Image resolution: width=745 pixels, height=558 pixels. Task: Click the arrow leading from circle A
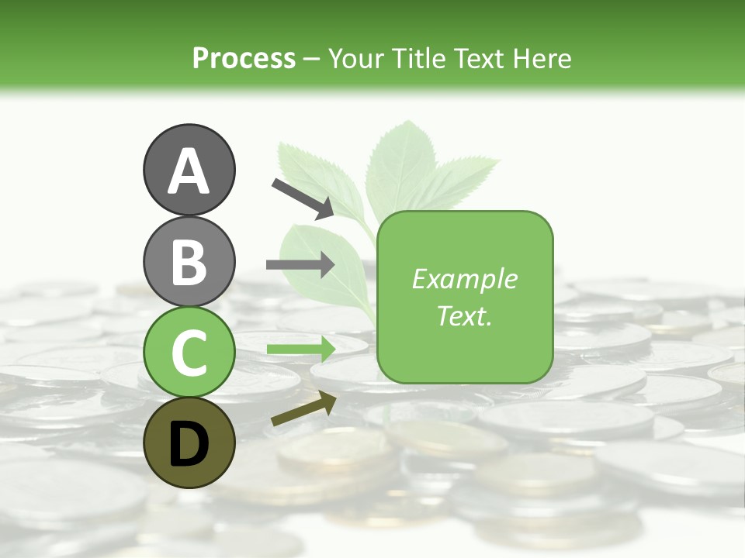click(302, 198)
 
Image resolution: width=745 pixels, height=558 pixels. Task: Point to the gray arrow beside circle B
click(300, 264)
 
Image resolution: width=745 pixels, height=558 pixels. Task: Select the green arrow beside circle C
click(300, 349)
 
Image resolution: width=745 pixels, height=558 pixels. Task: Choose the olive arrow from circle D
click(303, 408)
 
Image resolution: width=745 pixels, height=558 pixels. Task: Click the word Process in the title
click(244, 59)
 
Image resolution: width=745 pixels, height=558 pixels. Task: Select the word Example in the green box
click(464, 279)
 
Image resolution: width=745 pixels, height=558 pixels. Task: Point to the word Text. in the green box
click(464, 315)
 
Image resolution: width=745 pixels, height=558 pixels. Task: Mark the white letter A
click(189, 171)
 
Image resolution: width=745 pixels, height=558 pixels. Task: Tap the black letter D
click(189, 444)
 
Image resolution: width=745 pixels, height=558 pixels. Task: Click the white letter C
click(189, 353)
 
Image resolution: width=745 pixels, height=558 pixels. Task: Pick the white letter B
click(189, 263)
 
